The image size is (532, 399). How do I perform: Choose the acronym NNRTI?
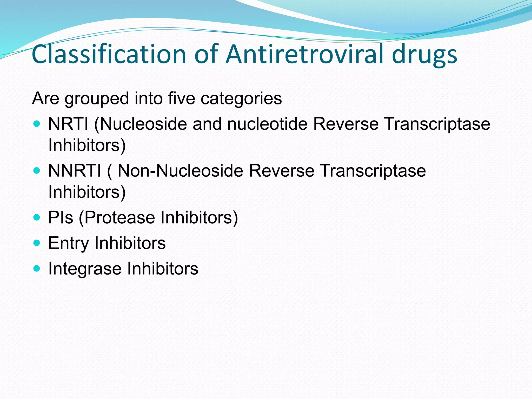75,171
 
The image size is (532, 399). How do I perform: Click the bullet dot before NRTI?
37,124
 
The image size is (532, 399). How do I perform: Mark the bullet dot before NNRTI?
37,171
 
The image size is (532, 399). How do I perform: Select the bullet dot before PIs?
37,217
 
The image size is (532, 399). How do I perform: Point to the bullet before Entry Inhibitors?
37,243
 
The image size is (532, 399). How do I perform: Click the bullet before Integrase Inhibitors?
37,268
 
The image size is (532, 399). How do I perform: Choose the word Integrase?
84,269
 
